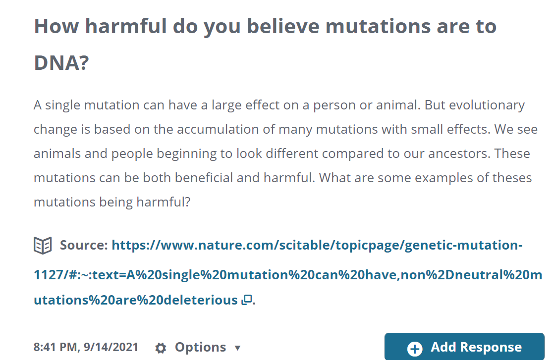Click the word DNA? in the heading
61,63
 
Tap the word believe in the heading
283,26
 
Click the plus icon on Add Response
415,348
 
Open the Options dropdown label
200,347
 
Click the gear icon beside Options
161,348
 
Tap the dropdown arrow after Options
238,348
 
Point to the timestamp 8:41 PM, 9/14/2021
86,347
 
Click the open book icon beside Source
43,245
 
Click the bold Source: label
84,245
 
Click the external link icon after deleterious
247,300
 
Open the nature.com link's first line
317,245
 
